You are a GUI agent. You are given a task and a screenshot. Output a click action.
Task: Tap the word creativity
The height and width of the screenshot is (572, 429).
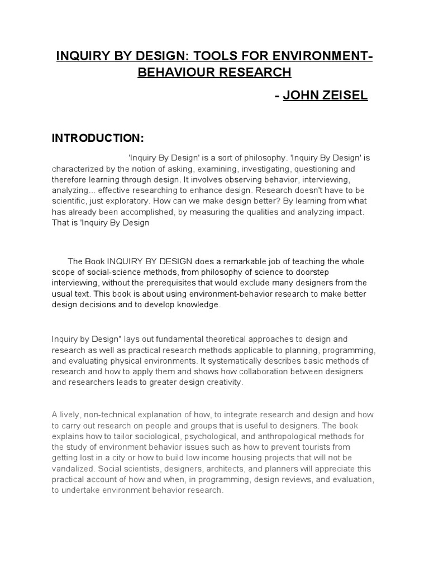coord(223,383)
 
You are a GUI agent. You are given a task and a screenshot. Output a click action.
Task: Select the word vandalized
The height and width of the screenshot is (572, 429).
coord(73,469)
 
